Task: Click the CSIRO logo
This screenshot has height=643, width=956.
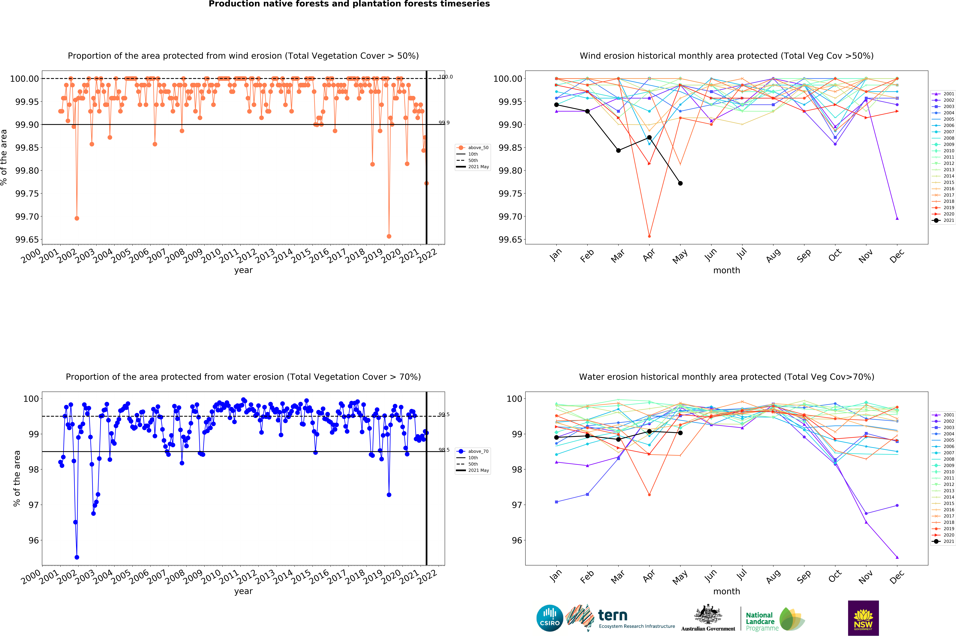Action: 550,618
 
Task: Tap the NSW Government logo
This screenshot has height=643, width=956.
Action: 863,618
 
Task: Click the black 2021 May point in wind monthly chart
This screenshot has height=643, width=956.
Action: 680,183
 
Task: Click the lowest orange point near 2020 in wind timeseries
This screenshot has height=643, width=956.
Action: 389,236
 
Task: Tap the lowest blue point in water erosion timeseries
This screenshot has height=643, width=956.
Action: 77,557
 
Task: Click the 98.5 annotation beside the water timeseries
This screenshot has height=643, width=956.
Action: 444,450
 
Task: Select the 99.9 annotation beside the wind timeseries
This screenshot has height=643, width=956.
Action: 444,123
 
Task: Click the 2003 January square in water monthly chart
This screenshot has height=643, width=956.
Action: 556,502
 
